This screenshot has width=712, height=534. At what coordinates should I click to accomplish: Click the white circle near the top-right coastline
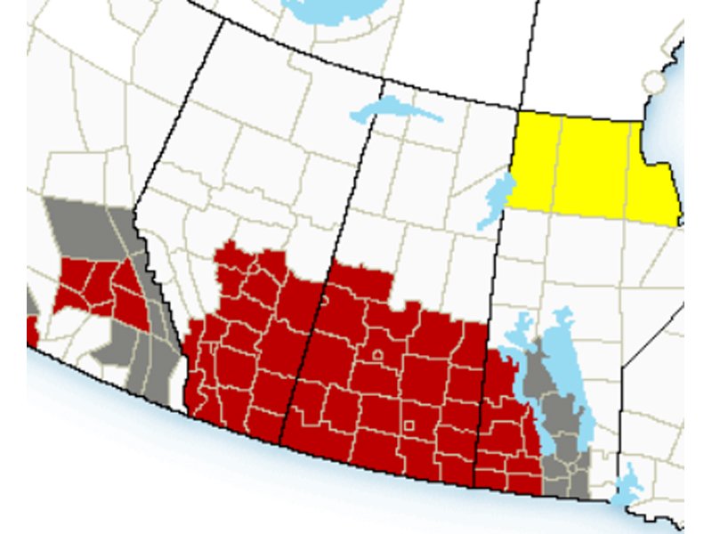654,83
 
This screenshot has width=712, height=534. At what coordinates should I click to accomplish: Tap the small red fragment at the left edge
32,331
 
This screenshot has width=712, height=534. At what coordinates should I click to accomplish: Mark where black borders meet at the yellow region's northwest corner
520,110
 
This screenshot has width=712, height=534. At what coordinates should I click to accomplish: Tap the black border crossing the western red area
303,356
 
